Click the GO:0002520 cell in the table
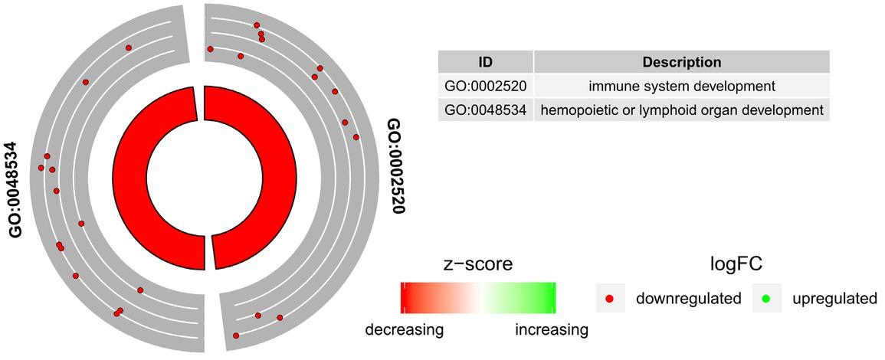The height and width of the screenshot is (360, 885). (x=485, y=87)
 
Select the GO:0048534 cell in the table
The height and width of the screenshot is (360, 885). (x=485, y=110)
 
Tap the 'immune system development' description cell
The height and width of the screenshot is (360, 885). (x=682, y=87)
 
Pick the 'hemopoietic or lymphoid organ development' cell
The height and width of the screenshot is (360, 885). (x=682, y=110)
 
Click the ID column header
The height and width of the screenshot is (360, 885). (x=485, y=61)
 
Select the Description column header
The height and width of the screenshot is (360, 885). (x=682, y=61)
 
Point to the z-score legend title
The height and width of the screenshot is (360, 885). (x=477, y=263)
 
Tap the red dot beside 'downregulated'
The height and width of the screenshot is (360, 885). (x=610, y=297)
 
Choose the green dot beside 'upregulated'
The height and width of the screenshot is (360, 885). (x=766, y=297)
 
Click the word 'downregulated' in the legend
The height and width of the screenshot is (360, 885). (x=689, y=298)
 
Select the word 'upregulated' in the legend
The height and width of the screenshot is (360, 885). (x=834, y=299)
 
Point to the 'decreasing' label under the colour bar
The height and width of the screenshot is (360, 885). (x=404, y=329)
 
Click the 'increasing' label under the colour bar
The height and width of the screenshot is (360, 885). (x=552, y=329)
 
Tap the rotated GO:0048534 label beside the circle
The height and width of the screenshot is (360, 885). (x=15, y=190)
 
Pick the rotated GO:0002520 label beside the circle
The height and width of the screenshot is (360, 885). (x=397, y=166)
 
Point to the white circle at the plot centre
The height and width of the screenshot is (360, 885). (x=205, y=178)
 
